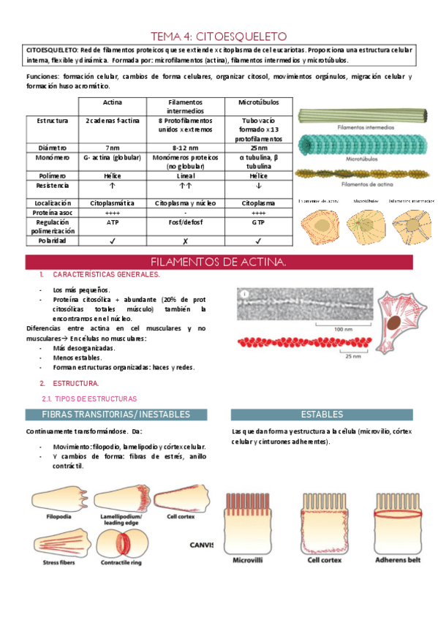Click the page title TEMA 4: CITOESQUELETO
coord(219,36)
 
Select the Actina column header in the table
coord(112,102)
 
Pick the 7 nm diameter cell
coord(112,146)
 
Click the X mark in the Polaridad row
coord(185,240)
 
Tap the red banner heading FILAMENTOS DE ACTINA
coord(219,262)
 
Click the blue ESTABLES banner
coord(322,414)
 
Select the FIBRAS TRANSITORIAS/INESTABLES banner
coord(116,414)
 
